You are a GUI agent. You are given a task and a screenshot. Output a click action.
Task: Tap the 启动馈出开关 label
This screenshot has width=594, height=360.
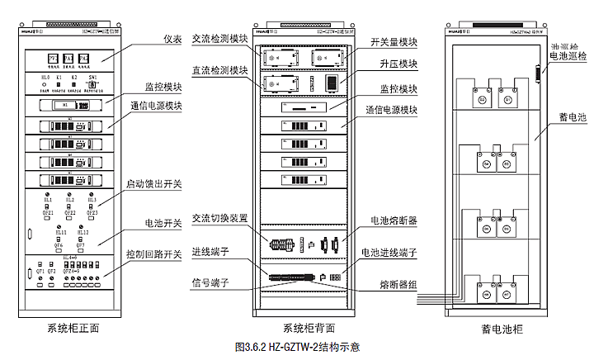(x=153, y=184)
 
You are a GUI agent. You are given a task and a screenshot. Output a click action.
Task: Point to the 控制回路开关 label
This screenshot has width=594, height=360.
(x=153, y=253)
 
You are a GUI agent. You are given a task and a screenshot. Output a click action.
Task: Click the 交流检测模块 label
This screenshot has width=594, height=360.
(x=219, y=39)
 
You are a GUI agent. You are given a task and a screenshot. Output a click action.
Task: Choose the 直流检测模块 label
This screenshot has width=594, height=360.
(x=219, y=71)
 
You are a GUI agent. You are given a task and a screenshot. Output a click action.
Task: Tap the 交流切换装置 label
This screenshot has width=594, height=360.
(x=219, y=218)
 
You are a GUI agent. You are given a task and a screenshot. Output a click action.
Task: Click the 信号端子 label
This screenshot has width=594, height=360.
(x=212, y=283)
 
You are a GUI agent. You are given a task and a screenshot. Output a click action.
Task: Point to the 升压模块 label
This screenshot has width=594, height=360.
(x=398, y=64)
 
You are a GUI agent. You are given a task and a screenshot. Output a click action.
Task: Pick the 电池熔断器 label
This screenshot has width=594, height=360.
(x=393, y=220)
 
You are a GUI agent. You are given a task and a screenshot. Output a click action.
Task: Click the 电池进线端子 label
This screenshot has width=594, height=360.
(x=388, y=252)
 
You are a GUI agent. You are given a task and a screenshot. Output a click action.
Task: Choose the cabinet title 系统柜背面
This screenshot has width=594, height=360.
(x=309, y=328)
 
